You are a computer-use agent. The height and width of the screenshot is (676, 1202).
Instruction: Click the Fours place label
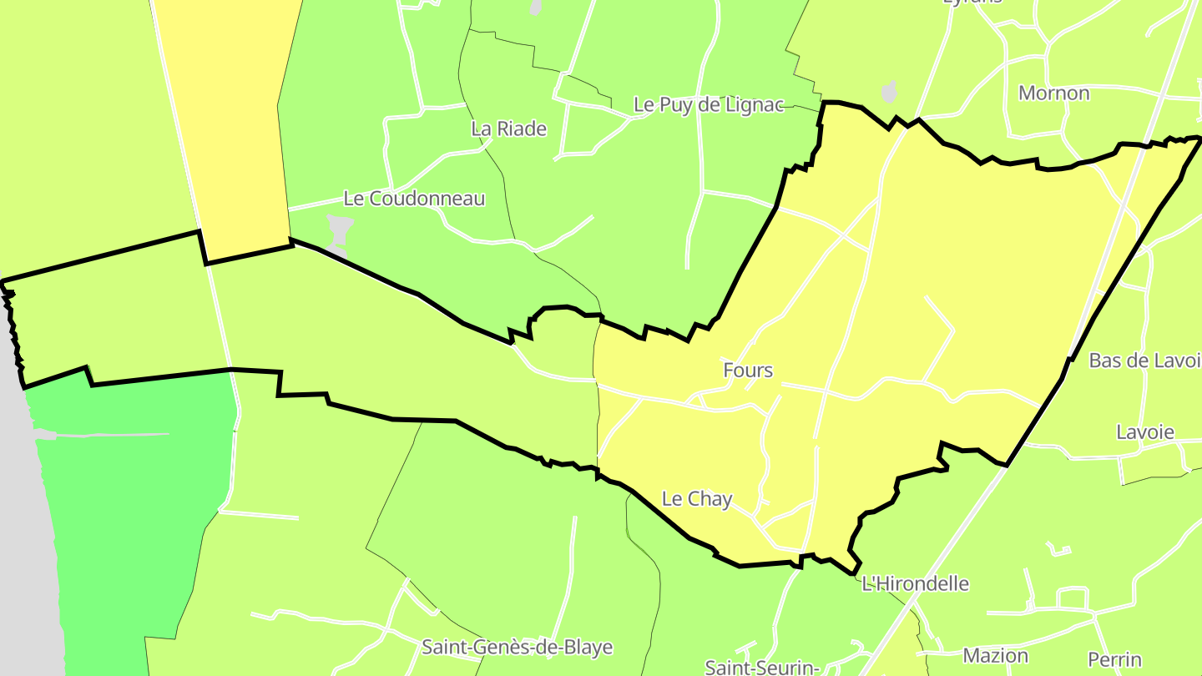(x=748, y=371)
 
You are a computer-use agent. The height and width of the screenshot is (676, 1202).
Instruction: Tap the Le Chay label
(x=696, y=499)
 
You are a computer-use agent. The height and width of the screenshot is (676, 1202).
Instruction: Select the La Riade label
(x=508, y=129)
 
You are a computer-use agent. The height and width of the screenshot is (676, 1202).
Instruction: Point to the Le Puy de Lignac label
(x=709, y=105)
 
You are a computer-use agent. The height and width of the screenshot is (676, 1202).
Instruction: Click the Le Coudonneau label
(x=414, y=199)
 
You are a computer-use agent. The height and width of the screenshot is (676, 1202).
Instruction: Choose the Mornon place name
(x=1053, y=93)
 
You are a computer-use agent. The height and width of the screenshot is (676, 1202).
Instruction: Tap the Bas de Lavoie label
(x=1144, y=361)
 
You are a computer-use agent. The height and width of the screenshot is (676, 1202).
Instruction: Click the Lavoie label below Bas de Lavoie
(x=1145, y=432)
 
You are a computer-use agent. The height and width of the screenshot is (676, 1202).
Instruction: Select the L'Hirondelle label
(x=915, y=583)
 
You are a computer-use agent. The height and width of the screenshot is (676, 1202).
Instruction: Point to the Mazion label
(x=996, y=656)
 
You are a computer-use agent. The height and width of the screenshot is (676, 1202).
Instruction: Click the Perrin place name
(x=1114, y=659)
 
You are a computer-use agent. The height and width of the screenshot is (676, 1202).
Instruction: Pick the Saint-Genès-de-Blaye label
(x=518, y=647)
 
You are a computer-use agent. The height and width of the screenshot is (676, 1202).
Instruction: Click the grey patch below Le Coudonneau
(x=339, y=233)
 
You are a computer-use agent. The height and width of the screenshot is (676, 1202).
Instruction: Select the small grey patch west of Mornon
(x=890, y=91)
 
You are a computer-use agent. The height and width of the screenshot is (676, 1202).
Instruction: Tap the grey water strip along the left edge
(x=25, y=542)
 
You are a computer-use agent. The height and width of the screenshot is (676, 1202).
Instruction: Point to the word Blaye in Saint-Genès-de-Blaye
(x=585, y=647)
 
